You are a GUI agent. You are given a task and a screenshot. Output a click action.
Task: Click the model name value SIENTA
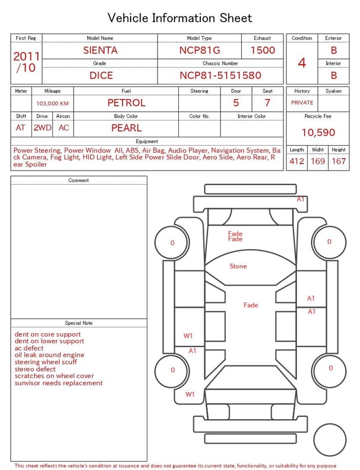(100, 50)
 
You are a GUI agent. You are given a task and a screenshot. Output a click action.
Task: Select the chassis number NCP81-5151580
(220, 75)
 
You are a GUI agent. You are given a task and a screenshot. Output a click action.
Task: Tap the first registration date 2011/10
(26, 62)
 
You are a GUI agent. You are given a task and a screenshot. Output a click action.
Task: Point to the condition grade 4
(302, 63)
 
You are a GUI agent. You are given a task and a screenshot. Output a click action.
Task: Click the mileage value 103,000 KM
(52, 104)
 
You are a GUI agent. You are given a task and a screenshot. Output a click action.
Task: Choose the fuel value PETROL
(127, 103)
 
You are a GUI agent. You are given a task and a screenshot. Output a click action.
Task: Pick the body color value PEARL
(127, 128)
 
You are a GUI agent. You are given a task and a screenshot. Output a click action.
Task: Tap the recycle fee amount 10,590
(318, 132)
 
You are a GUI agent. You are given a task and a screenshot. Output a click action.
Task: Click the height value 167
(339, 161)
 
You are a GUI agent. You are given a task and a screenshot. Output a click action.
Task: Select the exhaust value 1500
(263, 50)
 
